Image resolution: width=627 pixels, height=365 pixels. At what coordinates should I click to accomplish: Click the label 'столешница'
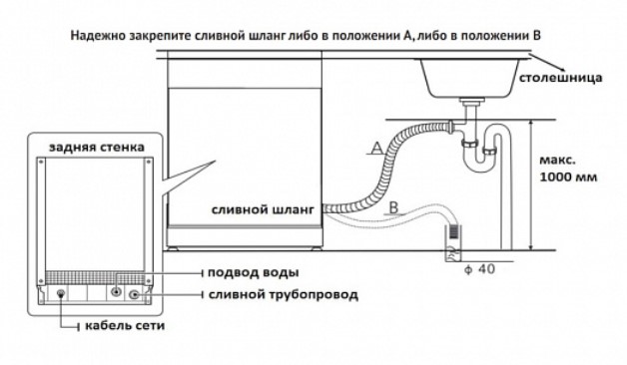[560, 78]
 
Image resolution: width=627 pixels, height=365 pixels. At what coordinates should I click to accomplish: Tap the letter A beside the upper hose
[377, 149]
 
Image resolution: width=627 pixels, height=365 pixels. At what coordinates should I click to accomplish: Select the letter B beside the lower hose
[394, 207]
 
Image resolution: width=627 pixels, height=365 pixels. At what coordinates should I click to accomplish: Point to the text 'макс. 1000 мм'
[568, 169]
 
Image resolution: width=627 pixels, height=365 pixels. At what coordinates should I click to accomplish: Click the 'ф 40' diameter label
[479, 269]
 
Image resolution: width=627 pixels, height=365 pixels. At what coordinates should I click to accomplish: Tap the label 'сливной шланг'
[263, 209]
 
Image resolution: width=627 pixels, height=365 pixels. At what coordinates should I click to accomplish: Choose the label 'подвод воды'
[254, 272]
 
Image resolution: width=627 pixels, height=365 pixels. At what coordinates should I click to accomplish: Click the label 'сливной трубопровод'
[284, 295]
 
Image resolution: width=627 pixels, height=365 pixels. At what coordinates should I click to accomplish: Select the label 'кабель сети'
[125, 325]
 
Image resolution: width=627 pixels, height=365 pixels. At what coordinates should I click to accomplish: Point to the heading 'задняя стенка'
[97, 147]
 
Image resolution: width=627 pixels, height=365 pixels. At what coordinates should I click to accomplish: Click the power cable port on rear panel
[61, 293]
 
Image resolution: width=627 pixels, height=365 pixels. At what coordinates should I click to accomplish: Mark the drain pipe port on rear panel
[134, 295]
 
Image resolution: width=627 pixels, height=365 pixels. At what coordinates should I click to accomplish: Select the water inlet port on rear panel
[116, 291]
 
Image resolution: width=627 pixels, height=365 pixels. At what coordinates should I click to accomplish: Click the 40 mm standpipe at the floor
[452, 243]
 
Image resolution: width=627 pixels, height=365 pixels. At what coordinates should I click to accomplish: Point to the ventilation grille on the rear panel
[95, 277]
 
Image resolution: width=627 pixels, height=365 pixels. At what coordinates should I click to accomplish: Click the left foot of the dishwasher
[173, 248]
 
